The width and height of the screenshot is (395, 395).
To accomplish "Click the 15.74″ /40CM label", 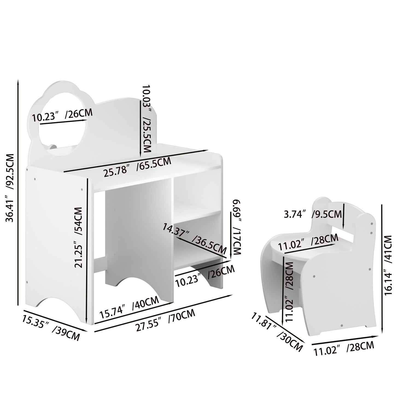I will (129, 308).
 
